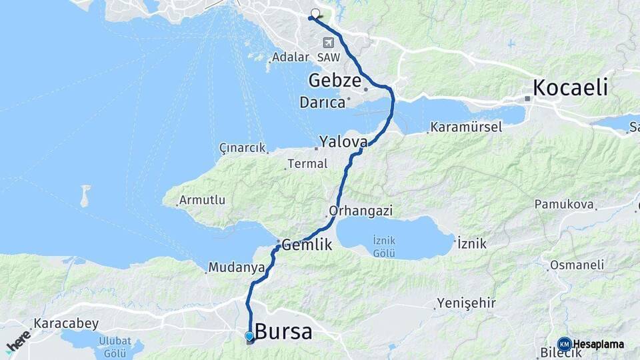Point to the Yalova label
click(343, 141)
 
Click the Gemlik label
click(307, 245)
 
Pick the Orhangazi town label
click(361, 211)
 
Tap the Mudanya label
click(237, 267)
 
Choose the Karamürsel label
click(466, 127)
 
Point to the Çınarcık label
click(243, 147)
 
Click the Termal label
click(307, 163)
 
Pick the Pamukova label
click(563, 205)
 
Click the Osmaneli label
click(577, 265)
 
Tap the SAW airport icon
click(328, 42)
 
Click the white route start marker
click(315, 13)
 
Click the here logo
click(18, 341)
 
